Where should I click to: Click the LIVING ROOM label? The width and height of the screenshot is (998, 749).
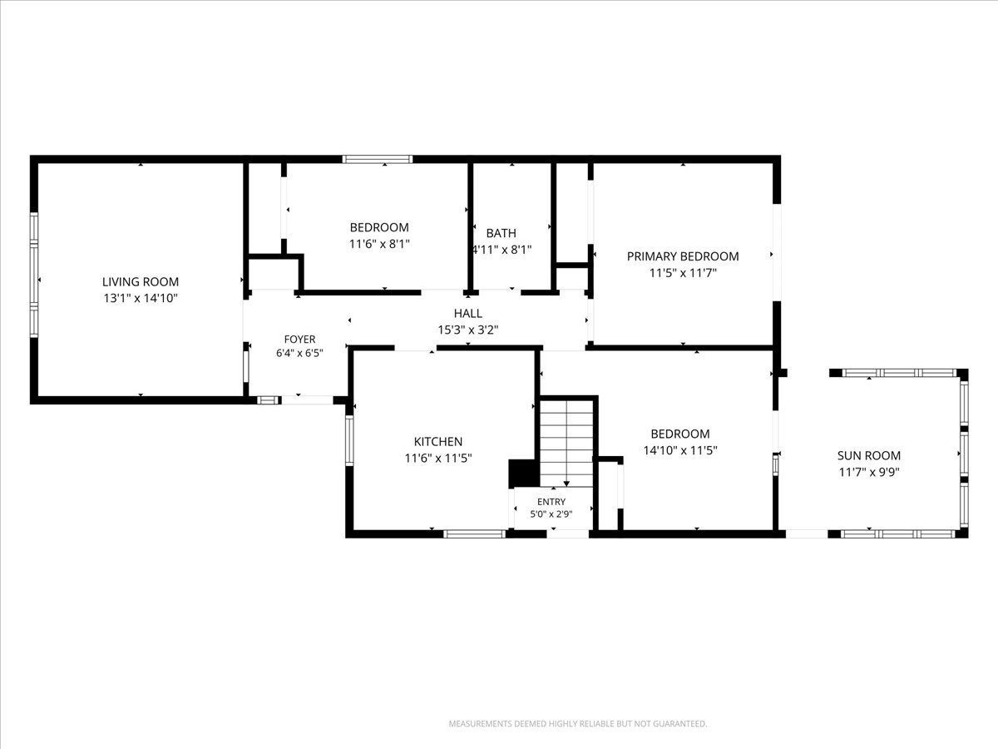[140, 282]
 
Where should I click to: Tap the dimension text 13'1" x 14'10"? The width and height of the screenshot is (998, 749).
[140, 298]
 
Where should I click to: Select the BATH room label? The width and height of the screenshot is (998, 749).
[501, 233]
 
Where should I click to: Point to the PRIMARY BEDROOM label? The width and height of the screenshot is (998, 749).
[683, 256]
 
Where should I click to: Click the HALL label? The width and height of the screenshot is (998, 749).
[468, 314]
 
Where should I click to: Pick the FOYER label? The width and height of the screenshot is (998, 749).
[299, 340]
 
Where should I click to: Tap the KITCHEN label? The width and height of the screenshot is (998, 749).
[437, 442]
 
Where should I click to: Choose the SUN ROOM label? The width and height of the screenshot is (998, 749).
[869, 456]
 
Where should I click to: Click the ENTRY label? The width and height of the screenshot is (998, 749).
[551, 502]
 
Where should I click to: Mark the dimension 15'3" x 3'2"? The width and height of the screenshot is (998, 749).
[468, 330]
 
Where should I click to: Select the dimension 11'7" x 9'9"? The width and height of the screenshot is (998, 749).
[869, 472]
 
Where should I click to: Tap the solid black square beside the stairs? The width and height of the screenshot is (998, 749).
[524, 474]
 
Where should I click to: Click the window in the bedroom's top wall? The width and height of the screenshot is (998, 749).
[378, 159]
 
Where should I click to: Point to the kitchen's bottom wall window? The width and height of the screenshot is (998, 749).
[475, 534]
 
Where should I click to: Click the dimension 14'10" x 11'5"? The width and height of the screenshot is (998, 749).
[680, 450]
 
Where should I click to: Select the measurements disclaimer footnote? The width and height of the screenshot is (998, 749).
[578, 724]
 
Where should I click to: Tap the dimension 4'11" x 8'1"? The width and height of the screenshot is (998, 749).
[501, 250]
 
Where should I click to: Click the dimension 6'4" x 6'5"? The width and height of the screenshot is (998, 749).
[299, 354]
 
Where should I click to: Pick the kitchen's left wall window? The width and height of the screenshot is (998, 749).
[349, 440]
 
